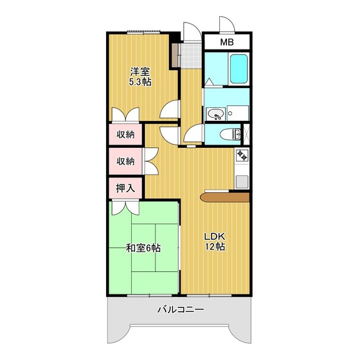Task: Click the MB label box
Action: [227, 42]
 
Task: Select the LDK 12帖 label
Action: [215, 241]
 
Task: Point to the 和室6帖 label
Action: [143, 248]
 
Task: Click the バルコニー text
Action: [181, 310]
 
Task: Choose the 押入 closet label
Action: [125, 188]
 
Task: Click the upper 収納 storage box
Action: [125, 134]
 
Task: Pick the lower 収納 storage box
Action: [125, 161]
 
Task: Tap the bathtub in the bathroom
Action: [237, 69]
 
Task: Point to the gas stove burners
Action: [242, 156]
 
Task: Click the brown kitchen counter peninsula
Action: [225, 197]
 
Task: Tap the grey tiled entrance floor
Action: [189, 55]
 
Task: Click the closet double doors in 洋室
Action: [124, 114]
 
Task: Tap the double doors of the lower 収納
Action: [150, 161]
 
